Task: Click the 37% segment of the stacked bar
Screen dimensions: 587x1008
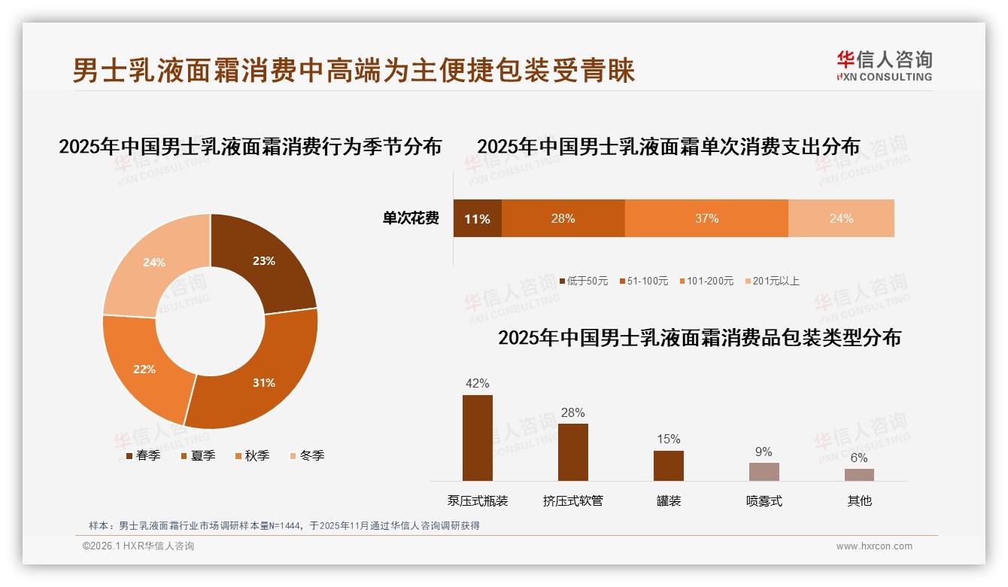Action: (706, 218)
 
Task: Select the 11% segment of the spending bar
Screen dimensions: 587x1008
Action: (477, 219)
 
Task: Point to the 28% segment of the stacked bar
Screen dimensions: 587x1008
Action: (563, 218)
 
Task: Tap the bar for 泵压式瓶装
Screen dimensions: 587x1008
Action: (478, 438)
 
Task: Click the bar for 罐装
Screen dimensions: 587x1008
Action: (668, 466)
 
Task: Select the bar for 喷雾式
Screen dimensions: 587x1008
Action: (764, 472)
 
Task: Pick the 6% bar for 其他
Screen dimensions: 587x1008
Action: (859, 475)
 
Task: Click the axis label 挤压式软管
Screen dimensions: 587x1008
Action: (573, 501)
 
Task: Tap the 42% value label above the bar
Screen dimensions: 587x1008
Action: (478, 383)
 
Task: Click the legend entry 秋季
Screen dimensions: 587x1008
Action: (257, 455)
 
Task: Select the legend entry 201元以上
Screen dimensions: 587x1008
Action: (776, 281)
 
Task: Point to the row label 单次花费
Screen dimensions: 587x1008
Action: (411, 219)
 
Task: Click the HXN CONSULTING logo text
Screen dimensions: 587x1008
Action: (885, 77)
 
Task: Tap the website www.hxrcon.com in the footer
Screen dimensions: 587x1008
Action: (874, 546)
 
